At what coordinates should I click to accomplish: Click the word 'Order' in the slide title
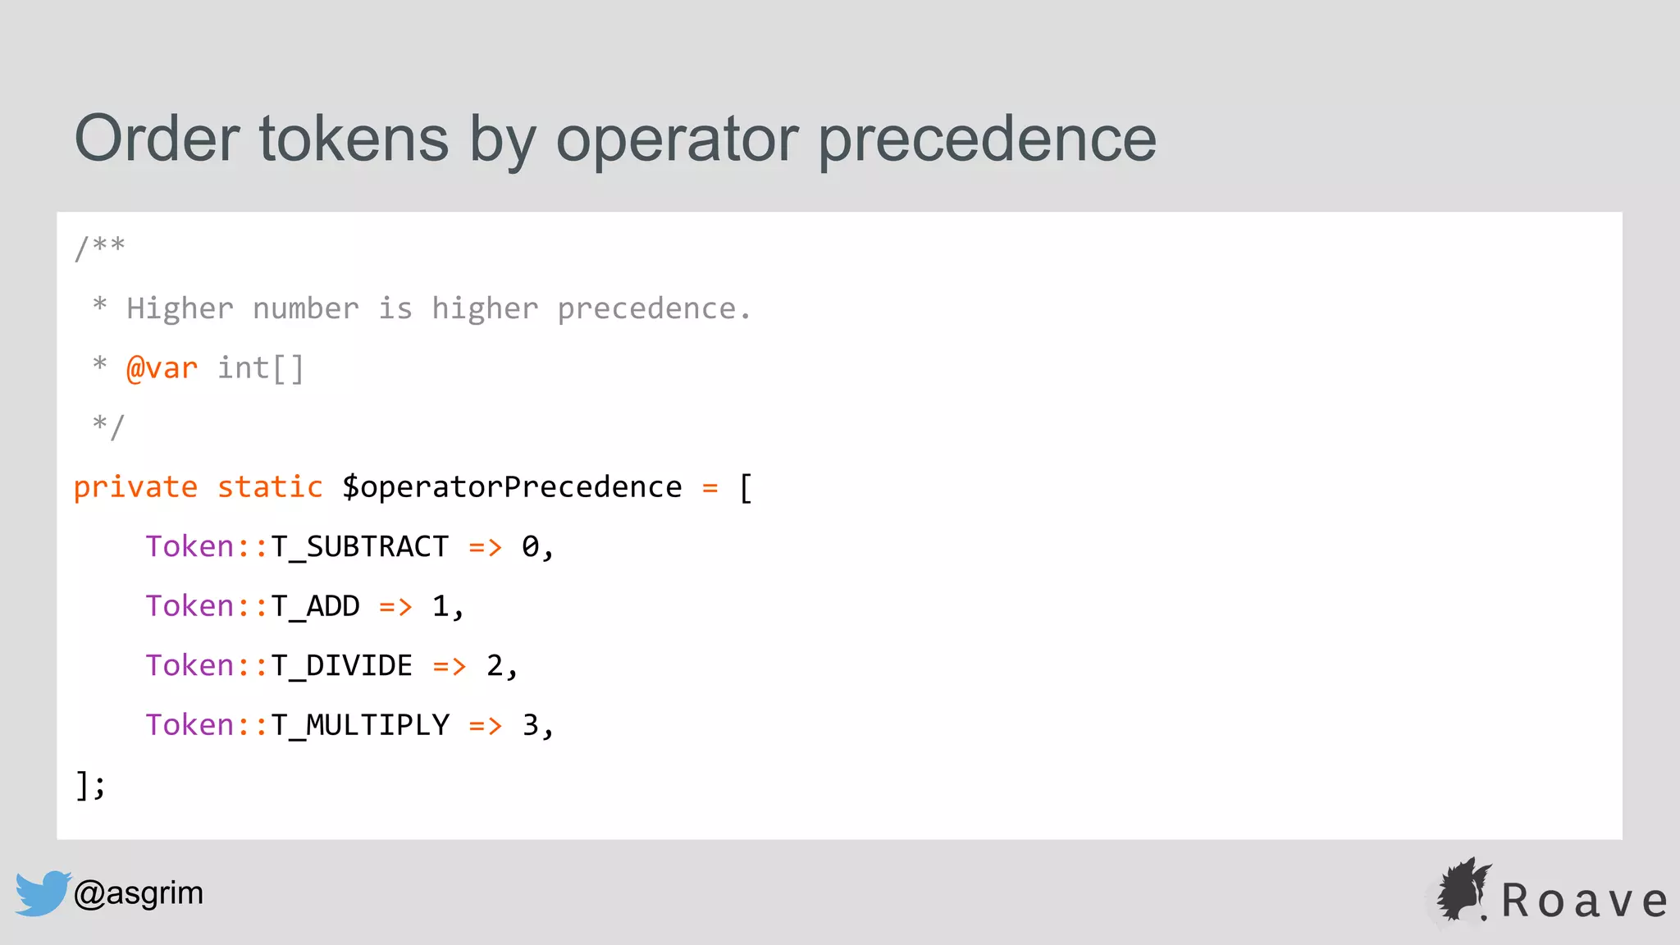(x=157, y=139)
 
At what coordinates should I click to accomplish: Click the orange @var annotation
(x=162, y=368)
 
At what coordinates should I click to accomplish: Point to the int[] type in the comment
(x=261, y=368)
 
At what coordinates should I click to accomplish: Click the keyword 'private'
(x=135, y=487)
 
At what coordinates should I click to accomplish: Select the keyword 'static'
(x=270, y=487)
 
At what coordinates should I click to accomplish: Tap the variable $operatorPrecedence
(x=512, y=487)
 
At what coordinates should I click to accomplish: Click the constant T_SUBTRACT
(x=359, y=547)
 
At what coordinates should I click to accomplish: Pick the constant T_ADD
(x=315, y=606)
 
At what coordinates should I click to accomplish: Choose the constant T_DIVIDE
(x=341, y=665)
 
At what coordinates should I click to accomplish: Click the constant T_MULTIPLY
(x=360, y=725)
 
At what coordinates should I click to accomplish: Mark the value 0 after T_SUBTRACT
(x=531, y=547)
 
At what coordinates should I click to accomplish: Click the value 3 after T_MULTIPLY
(x=531, y=725)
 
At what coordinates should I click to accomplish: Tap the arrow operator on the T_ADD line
(x=395, y=607)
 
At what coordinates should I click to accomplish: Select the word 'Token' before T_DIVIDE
(x=189, y=665)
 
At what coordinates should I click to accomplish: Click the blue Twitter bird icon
(x=42, y=892)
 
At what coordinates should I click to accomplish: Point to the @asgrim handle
(x=139, y=892)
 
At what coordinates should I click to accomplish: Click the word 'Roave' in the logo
(x=1584, y=901)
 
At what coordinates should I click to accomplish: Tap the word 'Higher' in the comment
(x=180, y=309)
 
